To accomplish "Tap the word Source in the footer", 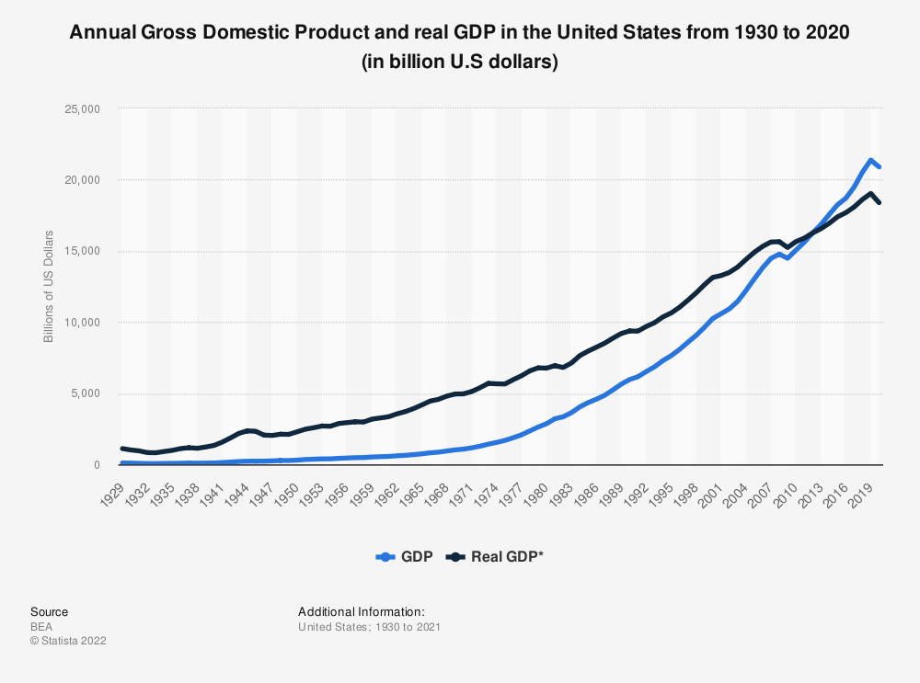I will pyautogui.click(x=49, y=611).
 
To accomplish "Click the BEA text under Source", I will pyautogui.click(x=41, y=626).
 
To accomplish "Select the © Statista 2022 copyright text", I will pyautogui.click(x=69, y=641).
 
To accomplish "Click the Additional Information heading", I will pyautogui.click(x=362, y=611).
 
